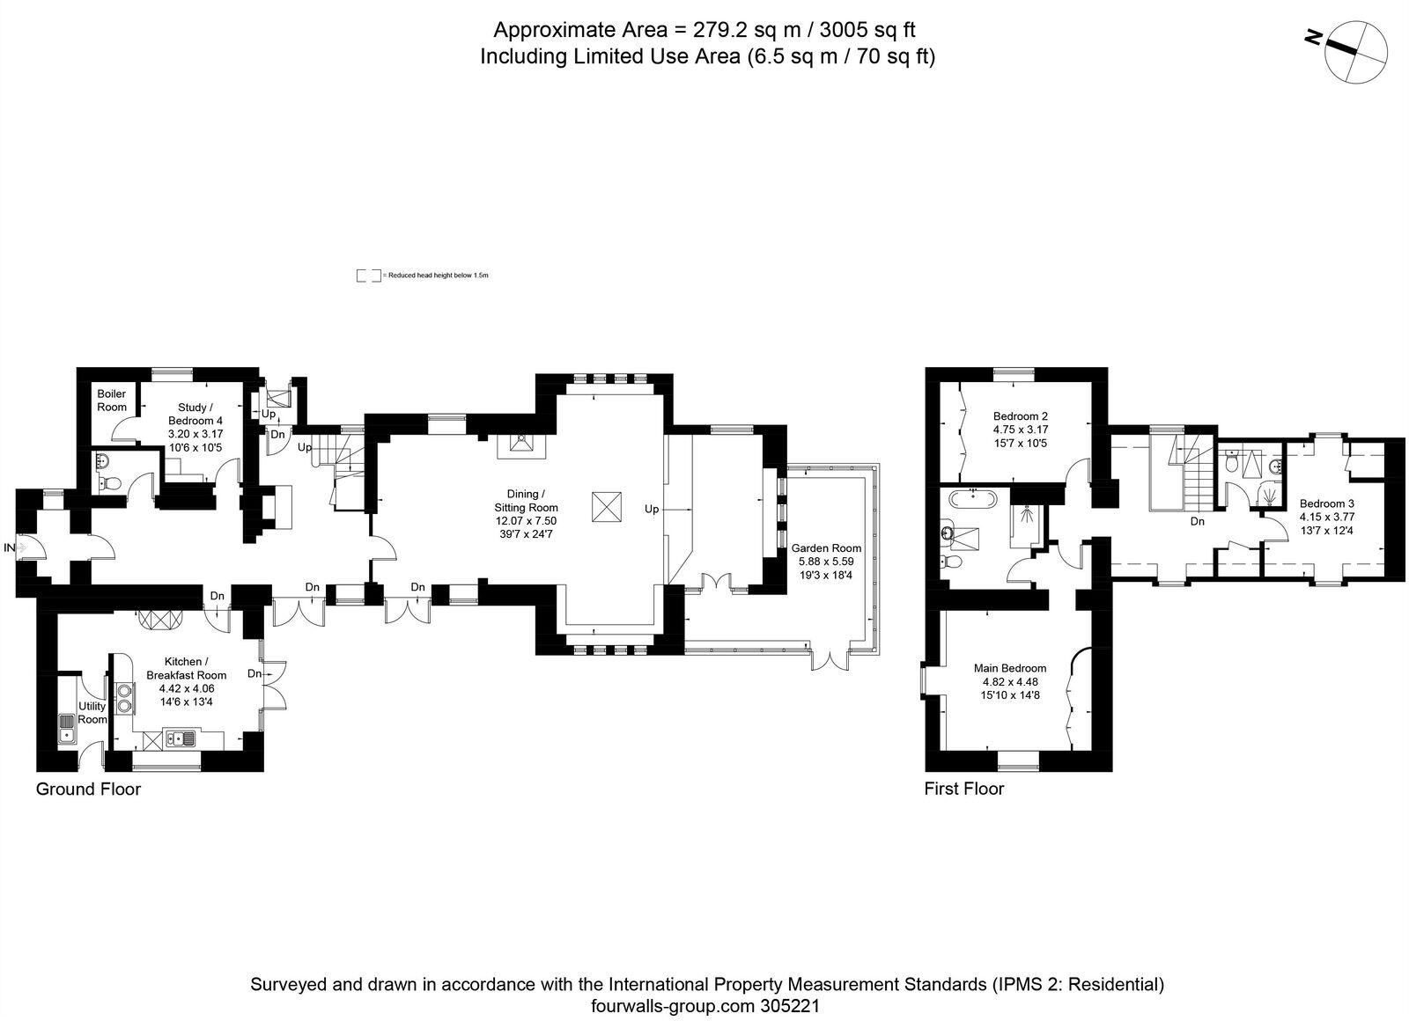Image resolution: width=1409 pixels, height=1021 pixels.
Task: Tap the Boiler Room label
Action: (112, 400)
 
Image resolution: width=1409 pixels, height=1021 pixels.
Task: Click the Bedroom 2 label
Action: (1020, 416)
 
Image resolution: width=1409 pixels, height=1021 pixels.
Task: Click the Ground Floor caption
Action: (88, 789)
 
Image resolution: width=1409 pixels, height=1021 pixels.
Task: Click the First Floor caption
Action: (963, 789)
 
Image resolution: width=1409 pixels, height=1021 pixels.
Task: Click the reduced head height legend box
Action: (368, 275)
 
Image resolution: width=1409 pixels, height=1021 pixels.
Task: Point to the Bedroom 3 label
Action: (1326, 503)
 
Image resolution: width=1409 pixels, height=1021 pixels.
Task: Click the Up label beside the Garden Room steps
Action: (652, 509)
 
